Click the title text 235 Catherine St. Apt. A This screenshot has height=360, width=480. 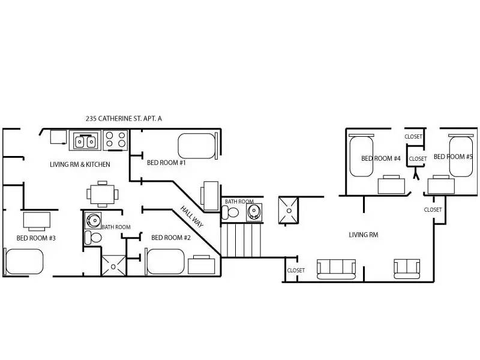point(124,119)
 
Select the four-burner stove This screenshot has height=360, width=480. point(116,140)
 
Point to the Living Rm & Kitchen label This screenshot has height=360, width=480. point(79,164)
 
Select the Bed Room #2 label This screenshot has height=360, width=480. point(170,238)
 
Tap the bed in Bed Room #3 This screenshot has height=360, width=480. point(24,262)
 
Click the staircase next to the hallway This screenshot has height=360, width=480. point(242,240)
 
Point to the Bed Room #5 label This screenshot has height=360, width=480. point(453,157)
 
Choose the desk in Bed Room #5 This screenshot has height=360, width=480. point(440,185)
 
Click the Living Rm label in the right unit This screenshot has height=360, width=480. point(363,235)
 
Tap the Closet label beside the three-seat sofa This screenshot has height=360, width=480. point(296,271)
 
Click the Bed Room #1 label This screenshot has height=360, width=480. point(166,163)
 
